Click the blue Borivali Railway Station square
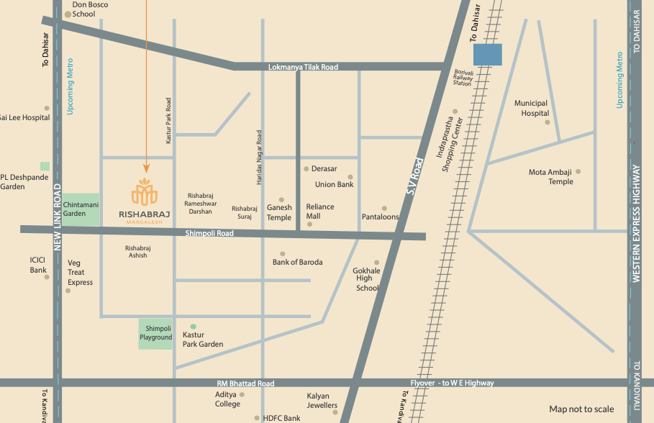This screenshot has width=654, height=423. (x=488, y=55)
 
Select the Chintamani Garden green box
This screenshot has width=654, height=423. (x=81, y=209)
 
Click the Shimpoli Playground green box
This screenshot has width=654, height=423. (x=155, y=333)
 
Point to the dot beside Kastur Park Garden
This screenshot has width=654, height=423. (x=193, y=327)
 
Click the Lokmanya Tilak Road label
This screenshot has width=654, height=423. (x=302, y=67)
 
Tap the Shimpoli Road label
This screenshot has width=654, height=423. (x=209, y=234)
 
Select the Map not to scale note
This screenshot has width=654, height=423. (x=581, y=409)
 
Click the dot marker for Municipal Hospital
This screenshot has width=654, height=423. (x=547, y=122)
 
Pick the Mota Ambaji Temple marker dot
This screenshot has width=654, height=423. (x=578, y=172)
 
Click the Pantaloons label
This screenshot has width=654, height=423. (x=380, y=217)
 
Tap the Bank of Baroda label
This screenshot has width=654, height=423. (x=297, y=262)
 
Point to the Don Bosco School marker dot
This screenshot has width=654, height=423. (x=68, y=14)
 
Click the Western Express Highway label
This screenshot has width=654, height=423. (x=636, y=224)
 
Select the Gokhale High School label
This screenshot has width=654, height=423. (x=366, y=279)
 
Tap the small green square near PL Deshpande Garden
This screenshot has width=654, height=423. (x=45, y=166)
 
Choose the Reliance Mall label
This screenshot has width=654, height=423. (x=320, y=211)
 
